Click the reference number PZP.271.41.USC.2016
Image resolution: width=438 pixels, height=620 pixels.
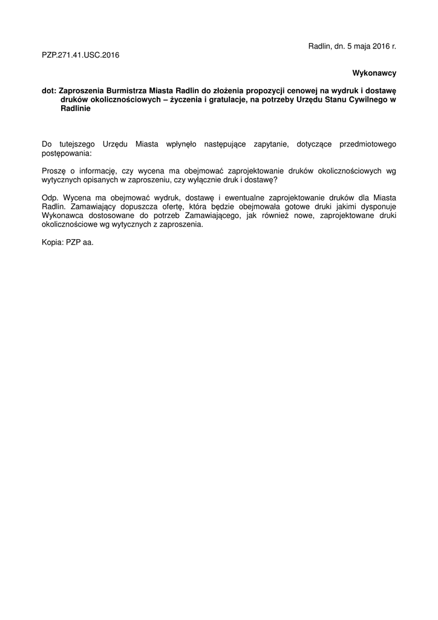click(x=80, y=55)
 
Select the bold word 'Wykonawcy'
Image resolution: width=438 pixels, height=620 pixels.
click(x=374, y=73)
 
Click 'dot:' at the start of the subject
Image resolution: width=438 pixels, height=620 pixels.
click(x=49, y=90)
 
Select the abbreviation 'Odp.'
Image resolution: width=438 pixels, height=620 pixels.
click(x=50, y=198)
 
